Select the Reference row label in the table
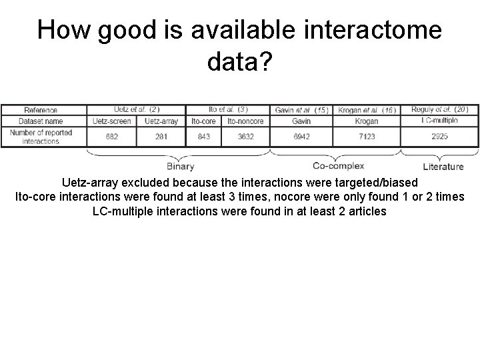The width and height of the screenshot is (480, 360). pos(41,110)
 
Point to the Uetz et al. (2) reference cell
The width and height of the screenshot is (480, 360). pos(136,109)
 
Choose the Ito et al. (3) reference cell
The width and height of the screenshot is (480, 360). pos(227,109)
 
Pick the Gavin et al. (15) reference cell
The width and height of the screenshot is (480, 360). pos(301,110)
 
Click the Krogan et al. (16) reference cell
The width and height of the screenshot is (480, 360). pos(367,110)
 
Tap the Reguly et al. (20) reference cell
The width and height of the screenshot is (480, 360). pos(439,109)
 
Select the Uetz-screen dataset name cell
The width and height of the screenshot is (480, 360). pos(112,121)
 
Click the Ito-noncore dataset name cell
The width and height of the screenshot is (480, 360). pos(245,121)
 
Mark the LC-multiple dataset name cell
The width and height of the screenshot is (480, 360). pos(439,121)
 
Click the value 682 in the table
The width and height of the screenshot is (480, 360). pos(112,137)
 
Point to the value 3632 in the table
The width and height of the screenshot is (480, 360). pos(245,137)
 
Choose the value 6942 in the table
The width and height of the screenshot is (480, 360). pos(301,137)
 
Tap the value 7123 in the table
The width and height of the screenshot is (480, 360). pos(367,137)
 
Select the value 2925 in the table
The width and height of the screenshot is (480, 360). pos(439,136)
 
